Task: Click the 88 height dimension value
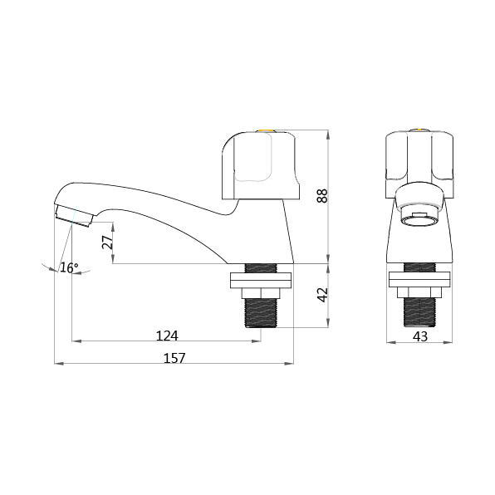click(x=322, y=195)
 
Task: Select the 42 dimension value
click(x=322, y=296)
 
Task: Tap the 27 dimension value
click(x=105, y=243)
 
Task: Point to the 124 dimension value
click(x=167, y=336)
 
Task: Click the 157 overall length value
click(x=174, y=358)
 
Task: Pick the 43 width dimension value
click(x=420, y=336)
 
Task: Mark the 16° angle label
click(x=70, y=267)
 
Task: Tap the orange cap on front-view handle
click(x=420, y=130)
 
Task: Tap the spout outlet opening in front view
click(x=420, y=218)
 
